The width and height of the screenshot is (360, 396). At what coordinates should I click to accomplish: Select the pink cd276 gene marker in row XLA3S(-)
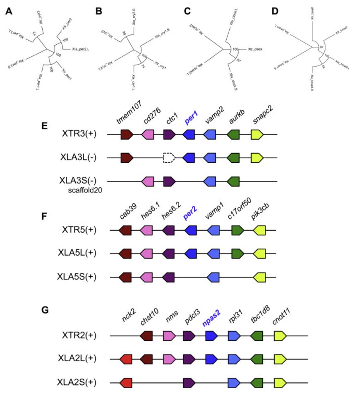pyautogui.click(x=148, y=181)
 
